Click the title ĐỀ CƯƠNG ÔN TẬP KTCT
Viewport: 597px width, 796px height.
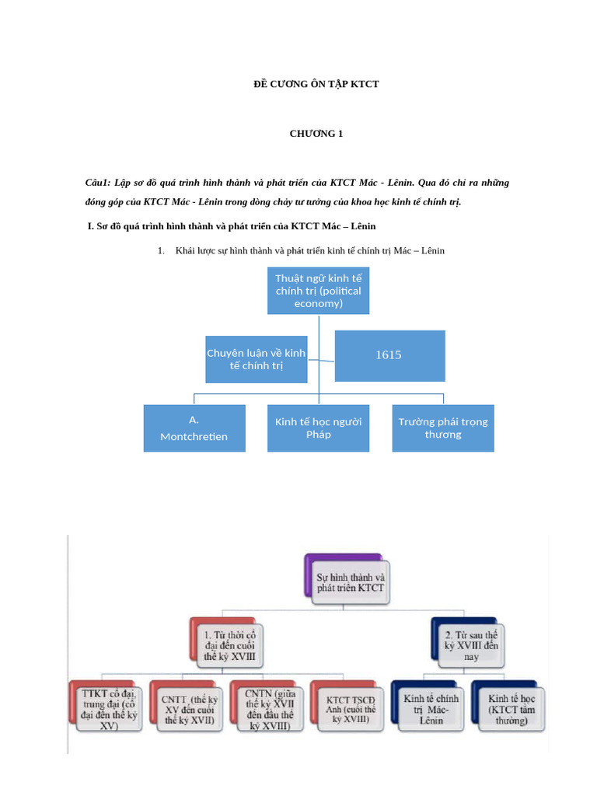pos(316,83)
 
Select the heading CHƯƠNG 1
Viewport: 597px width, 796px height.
pos(316,133)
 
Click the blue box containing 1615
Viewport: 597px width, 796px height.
pos(389,355)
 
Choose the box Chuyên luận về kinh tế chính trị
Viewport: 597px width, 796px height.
pos(256,359)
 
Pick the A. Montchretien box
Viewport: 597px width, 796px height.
pos(194,428)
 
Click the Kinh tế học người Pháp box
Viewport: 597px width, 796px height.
pos(318,428)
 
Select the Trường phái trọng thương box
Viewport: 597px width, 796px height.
pos(443,428)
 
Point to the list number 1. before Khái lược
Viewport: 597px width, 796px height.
pos(162,251)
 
